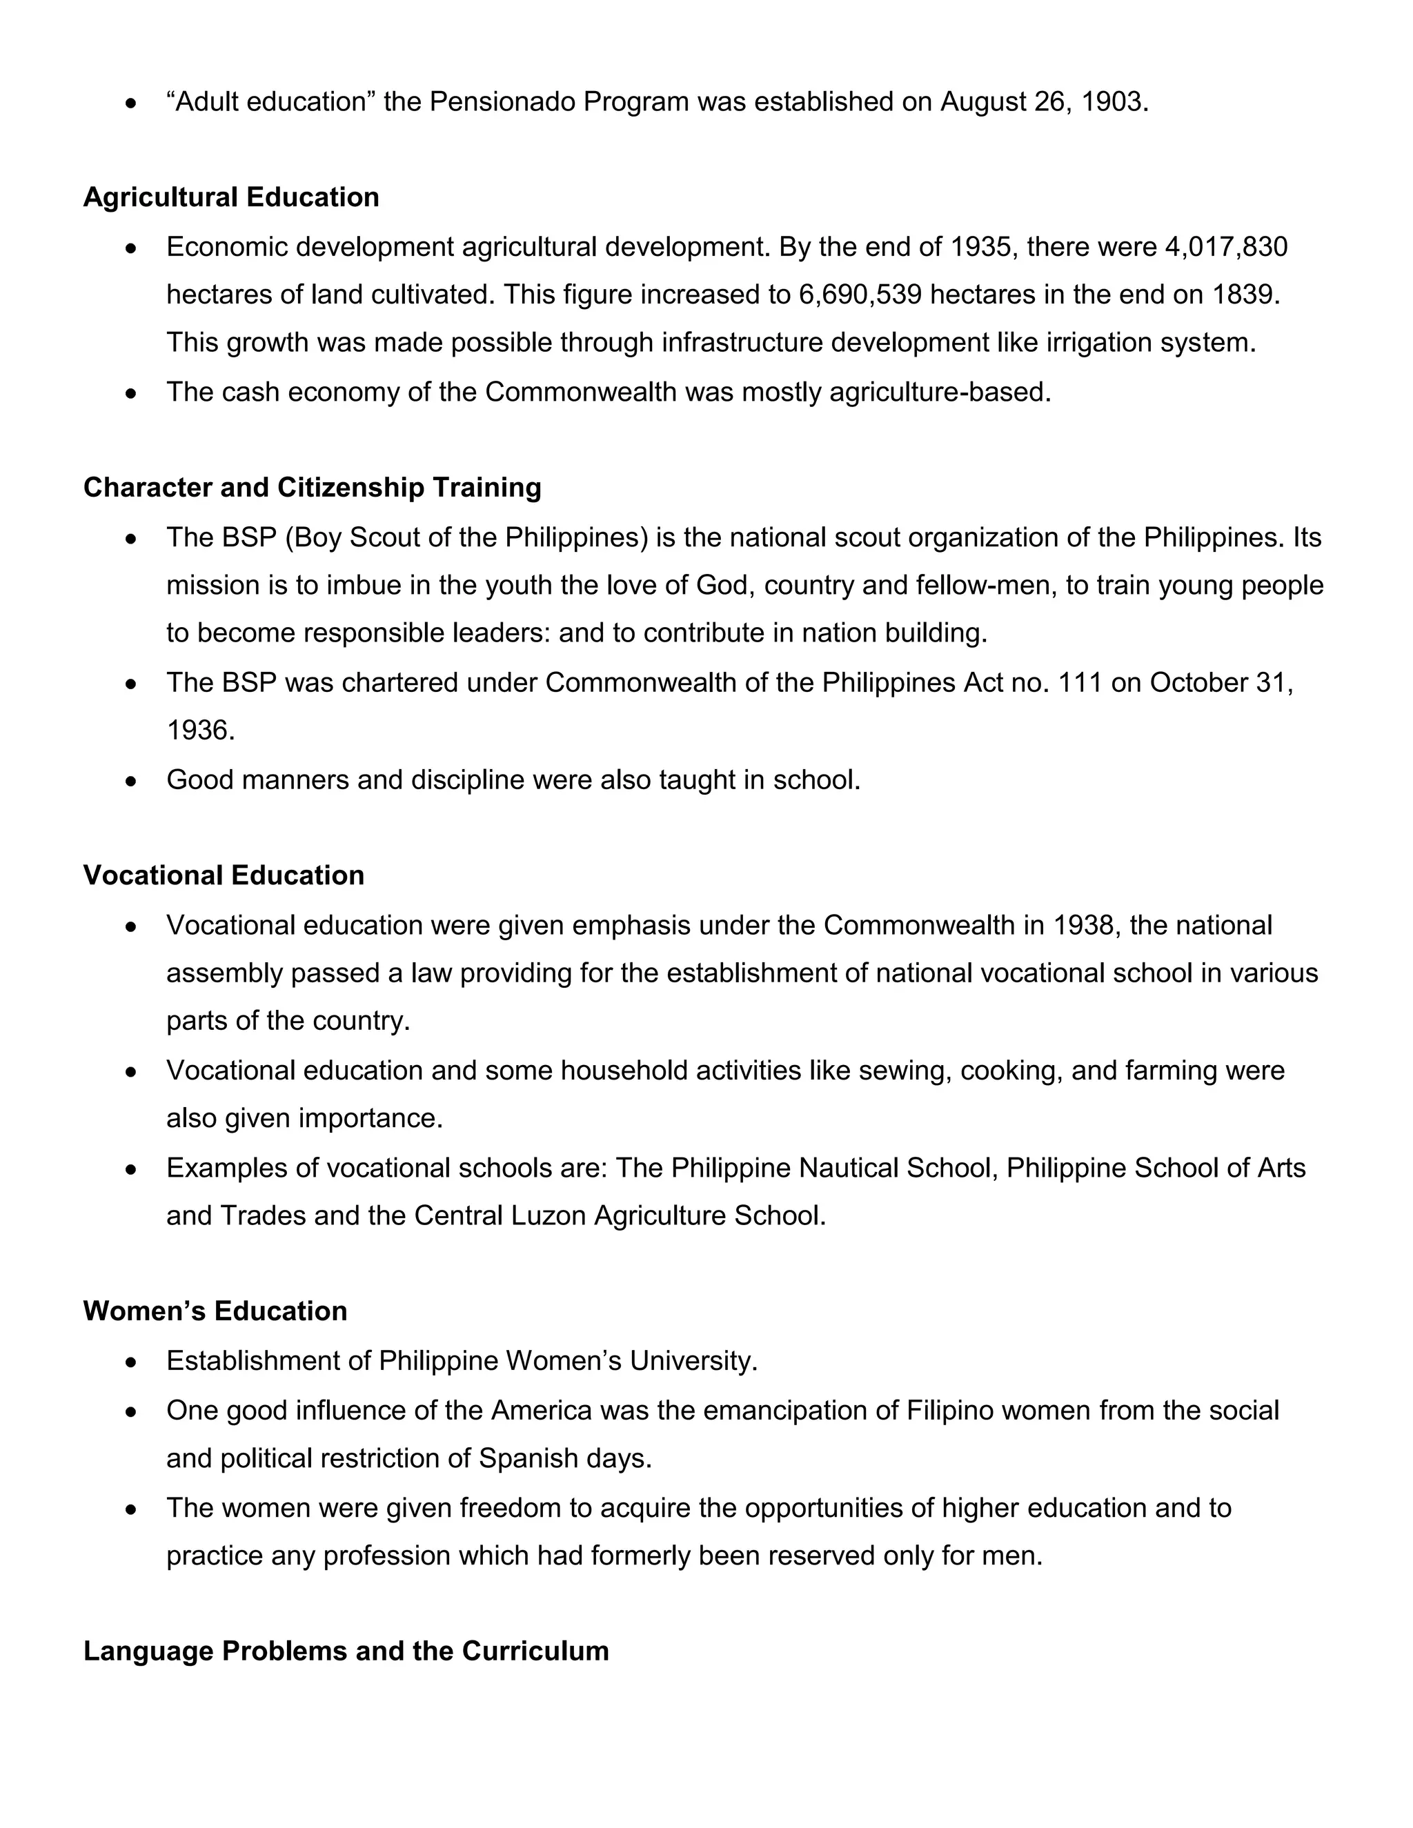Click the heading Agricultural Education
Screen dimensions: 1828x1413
(231, 197)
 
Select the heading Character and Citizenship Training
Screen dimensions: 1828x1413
(313, 487)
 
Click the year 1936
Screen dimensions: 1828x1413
(199, 731)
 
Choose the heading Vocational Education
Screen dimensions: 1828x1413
(224, 875)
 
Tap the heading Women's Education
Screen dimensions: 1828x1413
(215, 1311)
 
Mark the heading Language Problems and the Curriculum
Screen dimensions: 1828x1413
(346, 1651)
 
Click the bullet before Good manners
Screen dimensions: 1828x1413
(130, 781)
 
